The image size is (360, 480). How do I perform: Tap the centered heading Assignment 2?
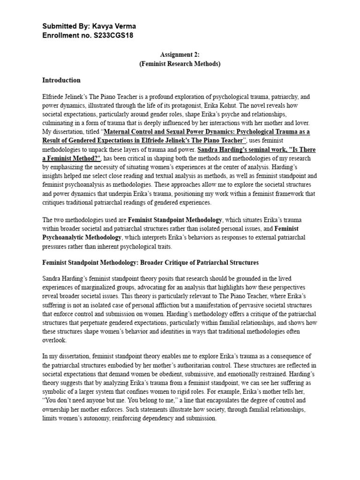tap(180, 55)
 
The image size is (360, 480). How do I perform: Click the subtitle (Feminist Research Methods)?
tap(180, 64)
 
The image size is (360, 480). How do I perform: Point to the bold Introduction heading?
tap(61, 80)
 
